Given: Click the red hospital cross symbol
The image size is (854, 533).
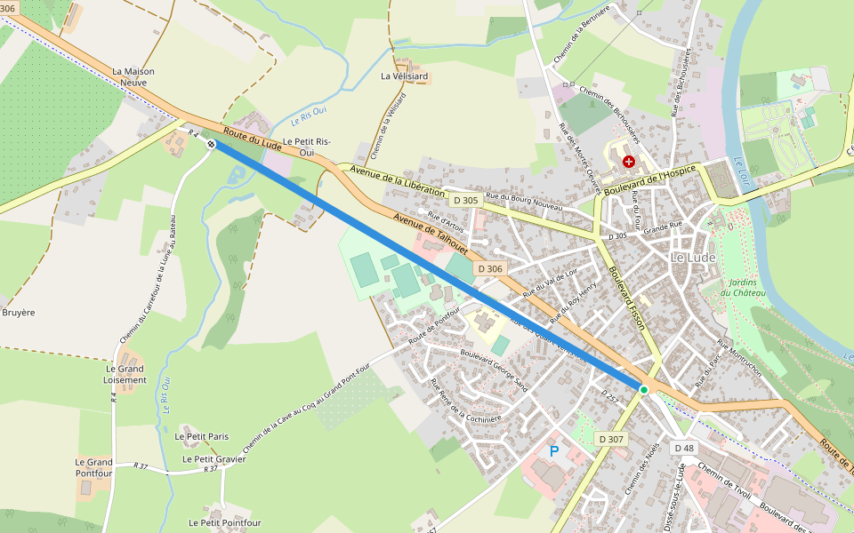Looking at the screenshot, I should [630, 162].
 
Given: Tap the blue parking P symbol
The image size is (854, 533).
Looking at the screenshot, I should [554, 451].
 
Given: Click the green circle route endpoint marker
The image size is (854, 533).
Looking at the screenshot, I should [643, 389].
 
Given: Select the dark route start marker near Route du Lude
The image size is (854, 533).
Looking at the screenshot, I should [211, 143].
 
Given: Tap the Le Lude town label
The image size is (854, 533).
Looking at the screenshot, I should [692, 258].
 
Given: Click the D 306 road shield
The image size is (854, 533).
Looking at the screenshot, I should [490, 268].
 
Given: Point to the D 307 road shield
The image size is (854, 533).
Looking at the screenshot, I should [611, 439].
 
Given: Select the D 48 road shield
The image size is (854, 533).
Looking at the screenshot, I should [683, 448].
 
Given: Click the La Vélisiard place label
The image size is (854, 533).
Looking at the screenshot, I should [404, 76].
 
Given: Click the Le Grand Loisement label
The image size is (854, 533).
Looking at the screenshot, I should [125, 374].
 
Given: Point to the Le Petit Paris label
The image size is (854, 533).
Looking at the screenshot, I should [202, 436].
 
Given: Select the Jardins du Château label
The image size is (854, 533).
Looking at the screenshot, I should [743, 287].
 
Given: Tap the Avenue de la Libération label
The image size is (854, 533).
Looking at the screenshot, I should [397, 180].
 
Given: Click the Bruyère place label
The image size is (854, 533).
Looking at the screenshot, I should [18, 313].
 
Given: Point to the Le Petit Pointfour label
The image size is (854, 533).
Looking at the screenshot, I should [225, 523].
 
